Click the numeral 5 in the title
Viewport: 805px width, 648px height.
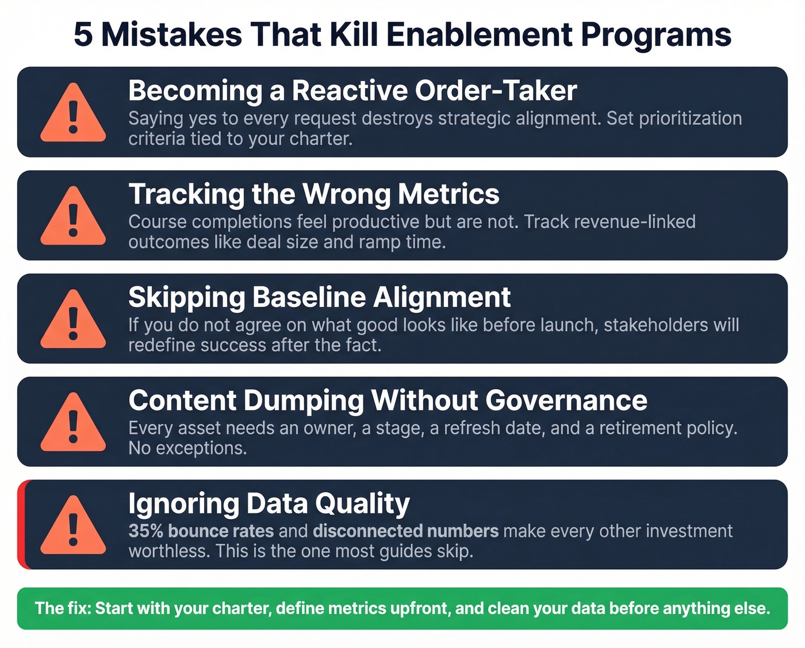point(83,34)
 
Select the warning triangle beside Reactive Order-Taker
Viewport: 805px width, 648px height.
point(73,114)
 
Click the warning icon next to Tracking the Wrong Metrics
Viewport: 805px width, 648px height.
point(73,217)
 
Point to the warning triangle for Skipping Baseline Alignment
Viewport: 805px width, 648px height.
point(73,320)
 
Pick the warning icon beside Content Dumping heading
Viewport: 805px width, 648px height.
point(73,423)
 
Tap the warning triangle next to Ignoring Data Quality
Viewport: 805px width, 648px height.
point(73,527)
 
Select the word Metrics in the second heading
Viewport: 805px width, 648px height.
point(448,194)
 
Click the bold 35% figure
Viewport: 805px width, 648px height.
point(145,531)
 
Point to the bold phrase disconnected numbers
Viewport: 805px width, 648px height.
point(405,531)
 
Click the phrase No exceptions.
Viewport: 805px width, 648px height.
point(187,448)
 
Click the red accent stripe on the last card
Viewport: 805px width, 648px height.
point(21,524)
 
